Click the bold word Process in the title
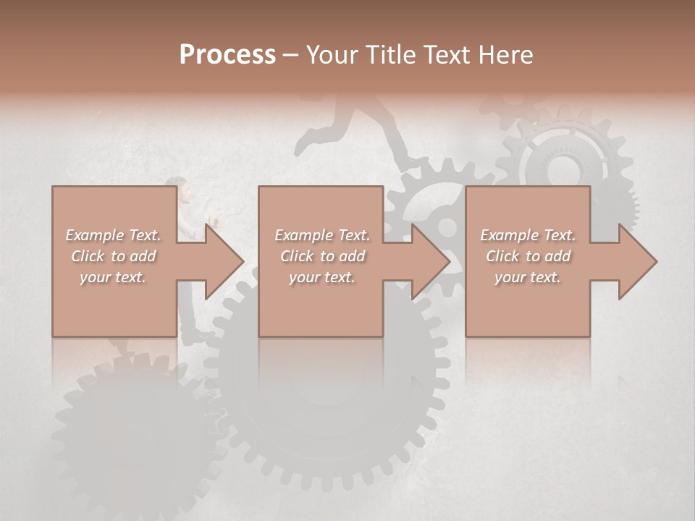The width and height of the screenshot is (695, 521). pyautogui.click(x=227, y=55)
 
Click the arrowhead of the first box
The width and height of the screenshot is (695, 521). pyautogui.click(x=224, y=261)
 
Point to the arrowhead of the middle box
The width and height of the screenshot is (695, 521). pyautogui.click(x=431, y=261)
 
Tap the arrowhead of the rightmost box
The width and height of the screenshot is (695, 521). pyautogui.click(x=638, y=261)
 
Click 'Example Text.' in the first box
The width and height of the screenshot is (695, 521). pyautogui.click(x=114, y=235)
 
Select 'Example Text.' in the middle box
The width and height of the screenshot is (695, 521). pyautogui.click(x=322, y=235)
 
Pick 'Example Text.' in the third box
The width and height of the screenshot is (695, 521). pyautogui.click(x=528, y=235)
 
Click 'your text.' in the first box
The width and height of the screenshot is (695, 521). pyautogui.click(x=113, y=277)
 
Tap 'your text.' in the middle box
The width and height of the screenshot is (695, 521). pyautogui.click(x=322, y=277)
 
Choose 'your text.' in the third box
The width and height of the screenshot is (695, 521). pyautogui.click(x=528, y=277)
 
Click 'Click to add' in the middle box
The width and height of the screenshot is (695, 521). pyautogui.click(x=322, y=256)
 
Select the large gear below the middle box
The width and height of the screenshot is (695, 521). pyautogui.click(x=326, y=391)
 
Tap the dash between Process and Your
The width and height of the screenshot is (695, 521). pyautogui.click(x=290, y=56)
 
